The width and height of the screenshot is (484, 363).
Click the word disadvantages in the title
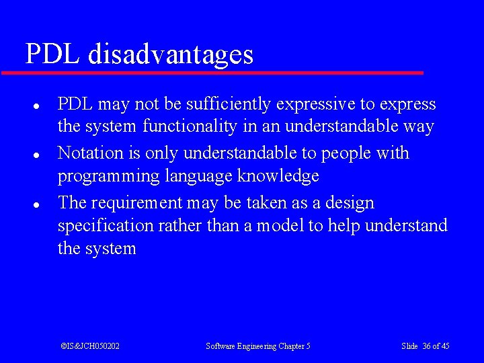[x=170, y=54]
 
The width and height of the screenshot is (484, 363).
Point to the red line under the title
[x=212, y=73]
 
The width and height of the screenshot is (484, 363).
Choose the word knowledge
[x=277, y=176]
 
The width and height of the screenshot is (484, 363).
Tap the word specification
[x=106, y=225]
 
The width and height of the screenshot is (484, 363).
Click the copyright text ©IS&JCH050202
[x=90, y=346]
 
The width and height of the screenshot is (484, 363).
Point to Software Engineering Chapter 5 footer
[x=258, y=346]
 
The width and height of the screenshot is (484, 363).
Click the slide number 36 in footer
[x=426, y=346]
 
